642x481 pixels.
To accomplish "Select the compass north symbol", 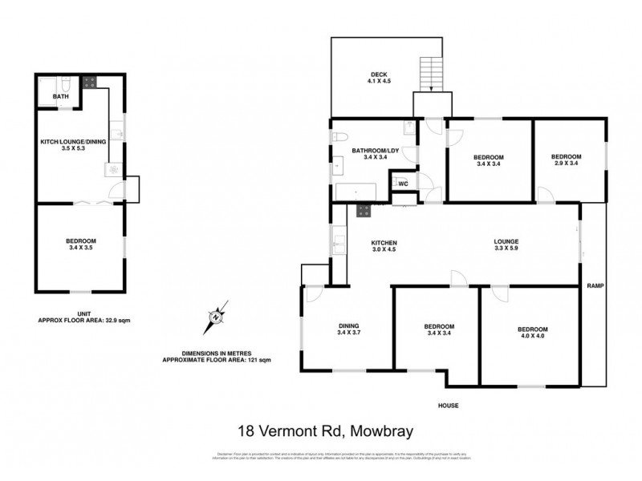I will (216, 317).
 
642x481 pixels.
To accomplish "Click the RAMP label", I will (595, 285).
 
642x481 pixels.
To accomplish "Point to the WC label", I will (404, 184).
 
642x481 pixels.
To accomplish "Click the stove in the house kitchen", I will (363, 211).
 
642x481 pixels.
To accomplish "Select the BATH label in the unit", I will (61, 97).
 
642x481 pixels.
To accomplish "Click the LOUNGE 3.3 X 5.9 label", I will (506, 246).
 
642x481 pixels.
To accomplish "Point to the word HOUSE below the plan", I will (449, 406).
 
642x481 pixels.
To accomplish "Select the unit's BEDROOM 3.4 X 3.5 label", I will (81, 245).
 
